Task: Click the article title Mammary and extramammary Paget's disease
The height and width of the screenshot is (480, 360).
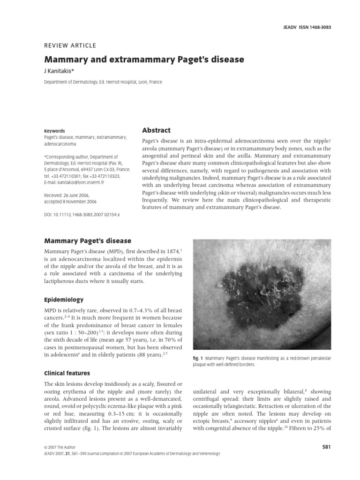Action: coord(144,60)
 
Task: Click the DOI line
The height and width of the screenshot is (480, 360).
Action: coord(82,214)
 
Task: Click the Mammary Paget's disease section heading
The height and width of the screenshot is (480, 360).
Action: coord(88,241)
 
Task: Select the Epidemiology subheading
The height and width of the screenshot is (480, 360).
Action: coord(64,300)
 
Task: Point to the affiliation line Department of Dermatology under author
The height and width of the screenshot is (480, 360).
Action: coord(103,82)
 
